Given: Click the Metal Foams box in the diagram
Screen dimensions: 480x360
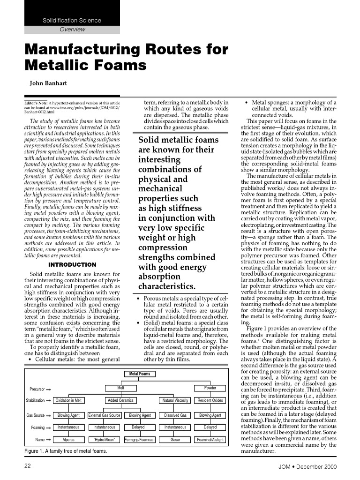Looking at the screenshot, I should [140, 374].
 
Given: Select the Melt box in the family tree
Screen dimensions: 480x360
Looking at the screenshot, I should [120, 388].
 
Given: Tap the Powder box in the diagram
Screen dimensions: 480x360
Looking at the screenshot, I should [210, 388].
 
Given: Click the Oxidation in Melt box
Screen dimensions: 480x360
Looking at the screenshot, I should [68, 400].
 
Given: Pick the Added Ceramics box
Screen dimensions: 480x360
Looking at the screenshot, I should [120, 400].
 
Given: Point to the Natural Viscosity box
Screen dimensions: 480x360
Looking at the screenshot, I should [175, 400].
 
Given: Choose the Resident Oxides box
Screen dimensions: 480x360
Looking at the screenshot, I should [210, 400].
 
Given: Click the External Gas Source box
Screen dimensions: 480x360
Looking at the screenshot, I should [105, 415].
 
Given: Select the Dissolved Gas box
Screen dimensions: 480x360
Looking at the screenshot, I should [175, 415].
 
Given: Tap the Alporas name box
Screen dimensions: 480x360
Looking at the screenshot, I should [68, 440].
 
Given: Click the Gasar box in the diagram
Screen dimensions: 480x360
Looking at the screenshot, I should [175, 440].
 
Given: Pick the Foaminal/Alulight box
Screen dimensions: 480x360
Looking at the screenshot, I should [210, 440].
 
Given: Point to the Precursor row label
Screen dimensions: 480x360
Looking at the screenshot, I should [37, 389].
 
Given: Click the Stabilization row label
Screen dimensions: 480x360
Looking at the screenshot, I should [35, 400].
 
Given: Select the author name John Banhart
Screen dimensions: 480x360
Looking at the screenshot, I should [49, 84].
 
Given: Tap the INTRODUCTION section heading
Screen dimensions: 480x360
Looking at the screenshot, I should [72, 265].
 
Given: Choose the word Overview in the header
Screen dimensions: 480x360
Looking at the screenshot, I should [72, 29].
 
